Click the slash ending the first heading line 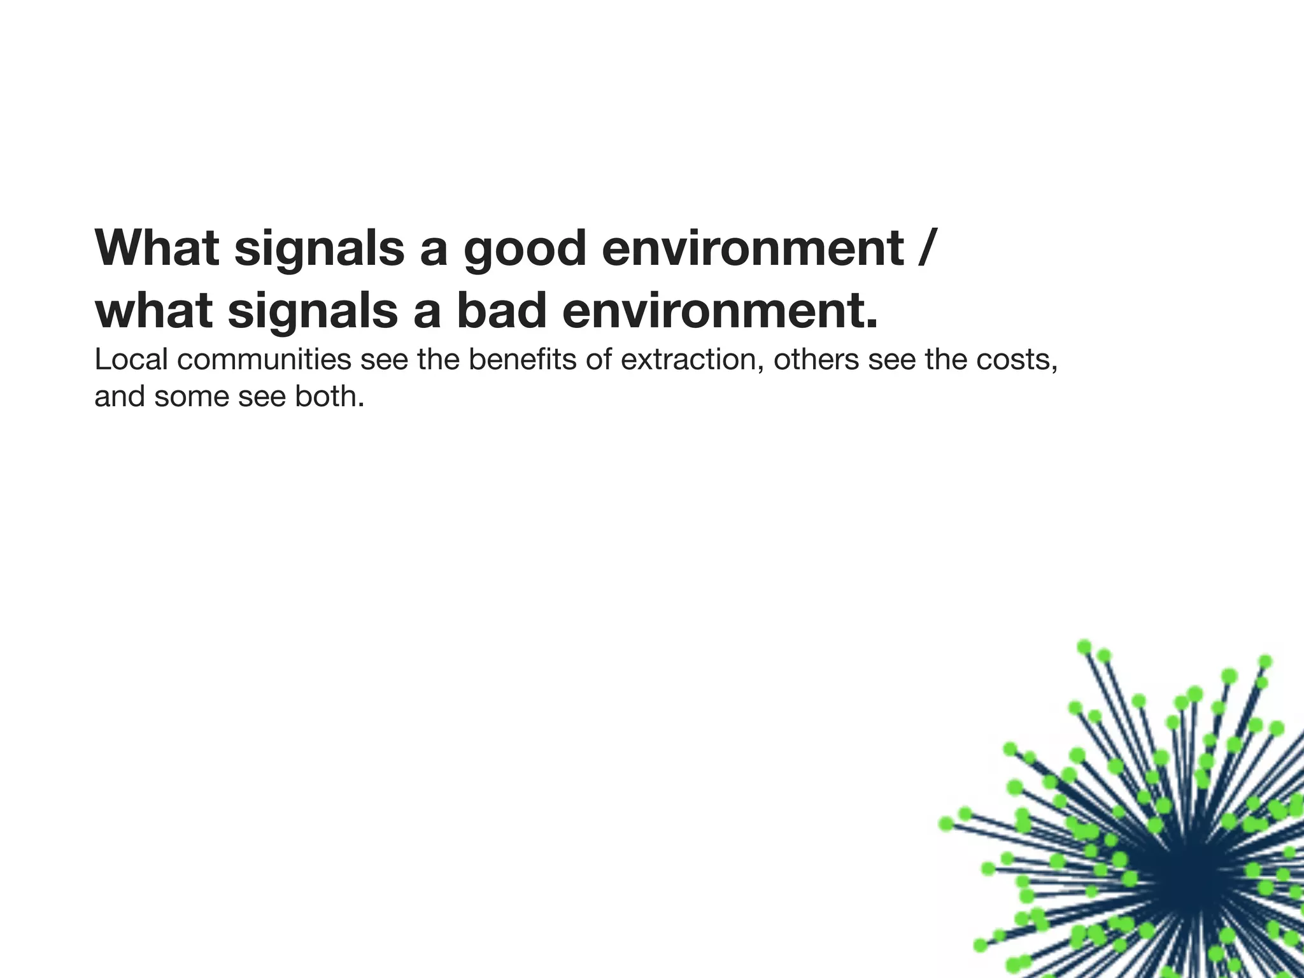coord(926,248)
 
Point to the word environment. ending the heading coord(720,311)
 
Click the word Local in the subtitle coord(131,360)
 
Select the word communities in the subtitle coord(264,360)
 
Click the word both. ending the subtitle coord(329,397)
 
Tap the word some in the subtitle coord(192,397)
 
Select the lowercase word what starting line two coord(153,311)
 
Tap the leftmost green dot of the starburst coord(947,824)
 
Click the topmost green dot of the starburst coord(1084,647)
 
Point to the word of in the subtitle coord(599,360)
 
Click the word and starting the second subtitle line coord(119,397)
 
